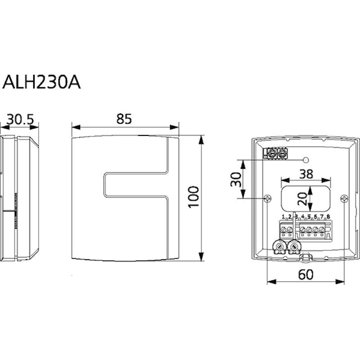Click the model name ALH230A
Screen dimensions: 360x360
pyautogui.click(x=41, y=82)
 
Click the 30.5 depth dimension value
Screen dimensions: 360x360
pyautogui.click(x=20, y=119)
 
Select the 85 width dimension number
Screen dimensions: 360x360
pyautogui.click(x=124, y=119)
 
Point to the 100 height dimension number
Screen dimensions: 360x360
pyautogui.click(x=193, y=197)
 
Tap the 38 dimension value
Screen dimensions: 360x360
pyautogui.click(x=306, y=174)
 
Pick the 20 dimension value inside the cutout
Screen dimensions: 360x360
pyautogui.click(x=302, y=198)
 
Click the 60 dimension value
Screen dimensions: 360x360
pyautogui.click(x=306, y=274)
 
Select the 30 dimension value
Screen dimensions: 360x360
pyautogui.click(x=236, y=179)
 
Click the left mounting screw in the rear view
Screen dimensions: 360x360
pyautogui.click(x=268, y=198)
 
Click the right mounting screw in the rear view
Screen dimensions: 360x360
pyautogui.click(x=344, y=198)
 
